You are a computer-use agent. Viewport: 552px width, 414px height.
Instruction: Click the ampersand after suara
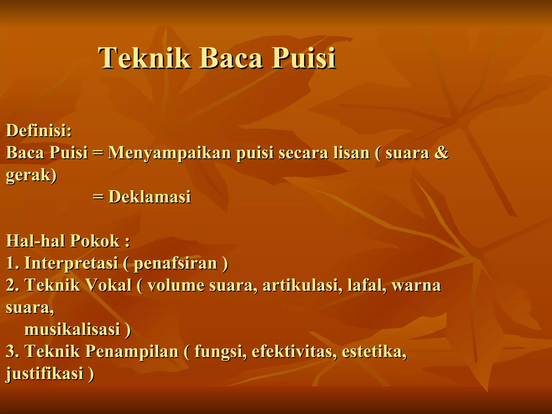[x=441, y=153]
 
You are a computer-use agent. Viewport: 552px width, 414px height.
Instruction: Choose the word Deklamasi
[x=150, y=197]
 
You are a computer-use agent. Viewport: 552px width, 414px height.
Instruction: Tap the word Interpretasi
[x=71, y=263]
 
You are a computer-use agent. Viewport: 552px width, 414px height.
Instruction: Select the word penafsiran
[x=175, y=263]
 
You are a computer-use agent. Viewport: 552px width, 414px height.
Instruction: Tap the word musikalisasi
[x=72, y=329]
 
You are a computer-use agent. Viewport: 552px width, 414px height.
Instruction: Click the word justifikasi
[x=44, y=374]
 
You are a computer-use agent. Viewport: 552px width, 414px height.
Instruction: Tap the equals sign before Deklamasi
[x=98, y=197]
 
